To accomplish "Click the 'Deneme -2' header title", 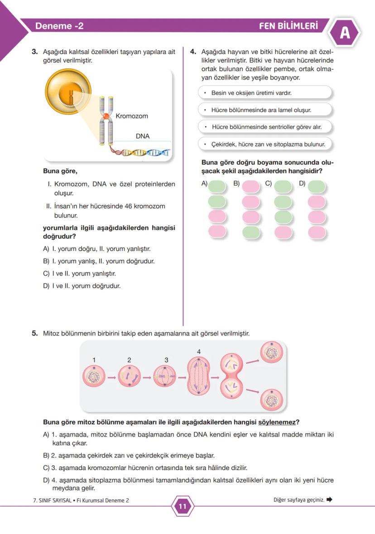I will (59, 26).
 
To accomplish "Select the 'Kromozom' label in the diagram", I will (132, 116).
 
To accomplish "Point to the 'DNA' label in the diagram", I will (143, 136).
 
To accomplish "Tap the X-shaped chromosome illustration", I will (106, 120).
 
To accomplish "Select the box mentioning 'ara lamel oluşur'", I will (265, 110).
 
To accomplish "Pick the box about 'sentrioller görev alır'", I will (265, 127).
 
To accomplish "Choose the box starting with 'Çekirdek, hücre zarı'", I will (265, 144).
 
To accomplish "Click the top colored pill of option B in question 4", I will (251, 186).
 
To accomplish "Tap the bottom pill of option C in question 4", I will (284, 232).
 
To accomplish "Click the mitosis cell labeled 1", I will (94, 377).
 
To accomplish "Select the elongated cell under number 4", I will (198, 376).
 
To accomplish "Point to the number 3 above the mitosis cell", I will (166, 360).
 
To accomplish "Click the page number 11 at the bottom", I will (183, 506).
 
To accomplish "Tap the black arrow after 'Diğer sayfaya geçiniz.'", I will (329, 500).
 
